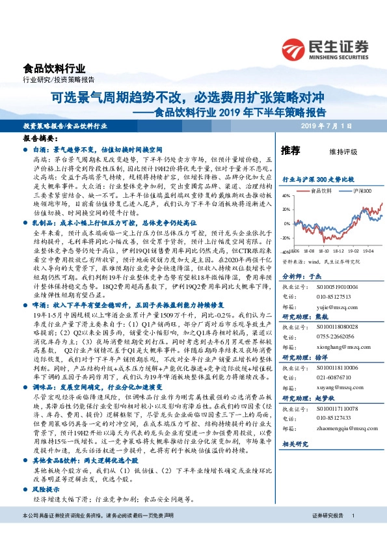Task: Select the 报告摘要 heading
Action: click(41, 139)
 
